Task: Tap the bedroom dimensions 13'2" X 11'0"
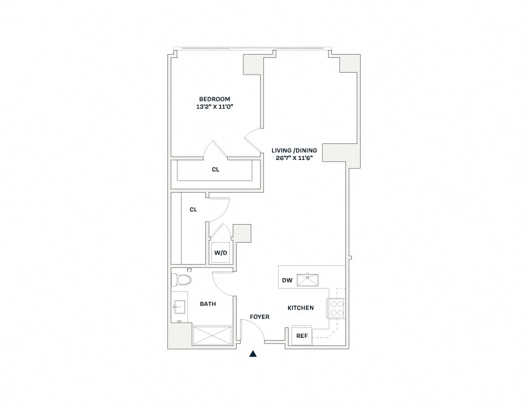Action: (x=213, y=107)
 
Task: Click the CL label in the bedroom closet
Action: (x=215, y=169)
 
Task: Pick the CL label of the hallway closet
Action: (x=193, y=209)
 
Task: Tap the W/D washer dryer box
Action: (x=219, y=253)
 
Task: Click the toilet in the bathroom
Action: (x=181, y=278)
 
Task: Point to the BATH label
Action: (x=208, y=304)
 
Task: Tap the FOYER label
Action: (x=259, y=317)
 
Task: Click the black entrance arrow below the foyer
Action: (x=253, y=354)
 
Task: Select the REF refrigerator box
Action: (x=301, y=335)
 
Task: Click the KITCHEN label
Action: (x=301, y=308)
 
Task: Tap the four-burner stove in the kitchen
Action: (x=335, y=308)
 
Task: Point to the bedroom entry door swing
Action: (x=253, y=140)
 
